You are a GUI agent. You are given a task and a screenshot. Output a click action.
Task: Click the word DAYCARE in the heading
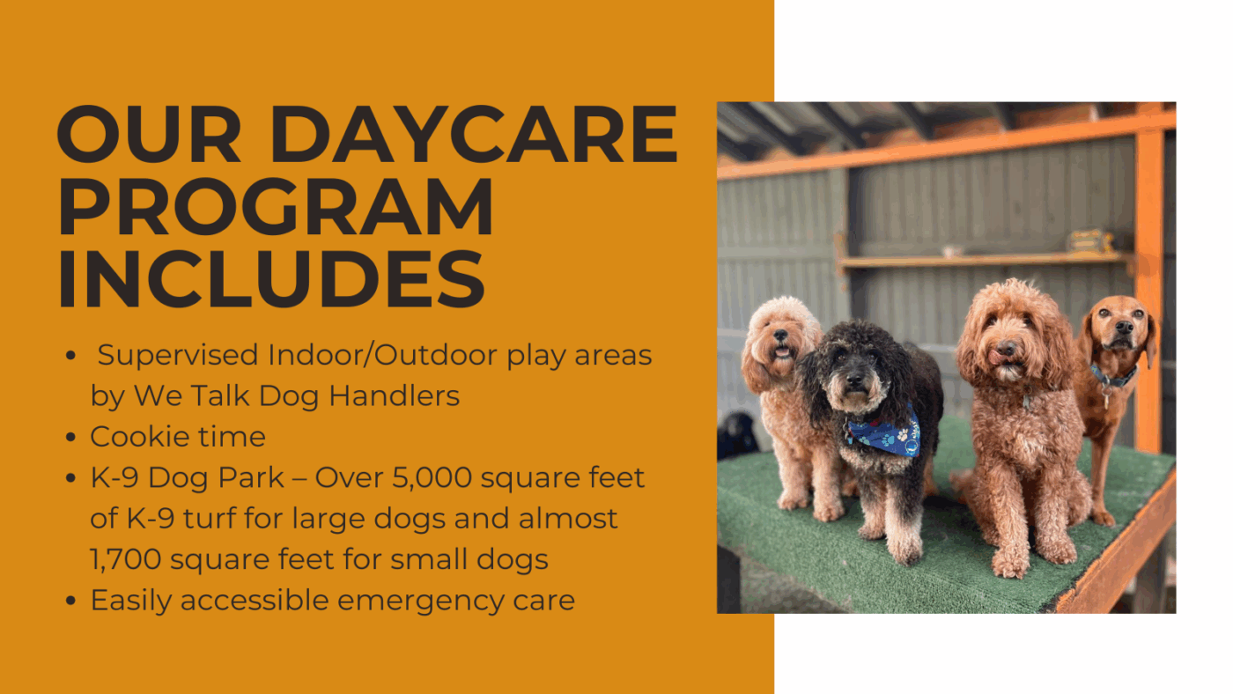point(474,134)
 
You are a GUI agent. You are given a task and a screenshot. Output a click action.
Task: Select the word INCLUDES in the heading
point(271,278)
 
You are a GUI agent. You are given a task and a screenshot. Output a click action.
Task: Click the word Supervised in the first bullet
point(178,355)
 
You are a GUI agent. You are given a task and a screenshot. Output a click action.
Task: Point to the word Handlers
point(395,395)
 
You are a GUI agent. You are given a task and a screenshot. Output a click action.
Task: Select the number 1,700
point(125,559)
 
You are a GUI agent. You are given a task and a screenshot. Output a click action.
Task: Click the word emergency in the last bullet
point(420,601)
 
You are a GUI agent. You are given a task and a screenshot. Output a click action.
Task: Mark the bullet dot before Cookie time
point(70,438)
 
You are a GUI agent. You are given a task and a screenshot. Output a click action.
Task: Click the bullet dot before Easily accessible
point(70,601)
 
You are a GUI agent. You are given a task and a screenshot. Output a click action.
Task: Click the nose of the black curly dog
point(855,380)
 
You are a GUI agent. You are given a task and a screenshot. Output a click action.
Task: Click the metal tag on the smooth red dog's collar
point(1106,396)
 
